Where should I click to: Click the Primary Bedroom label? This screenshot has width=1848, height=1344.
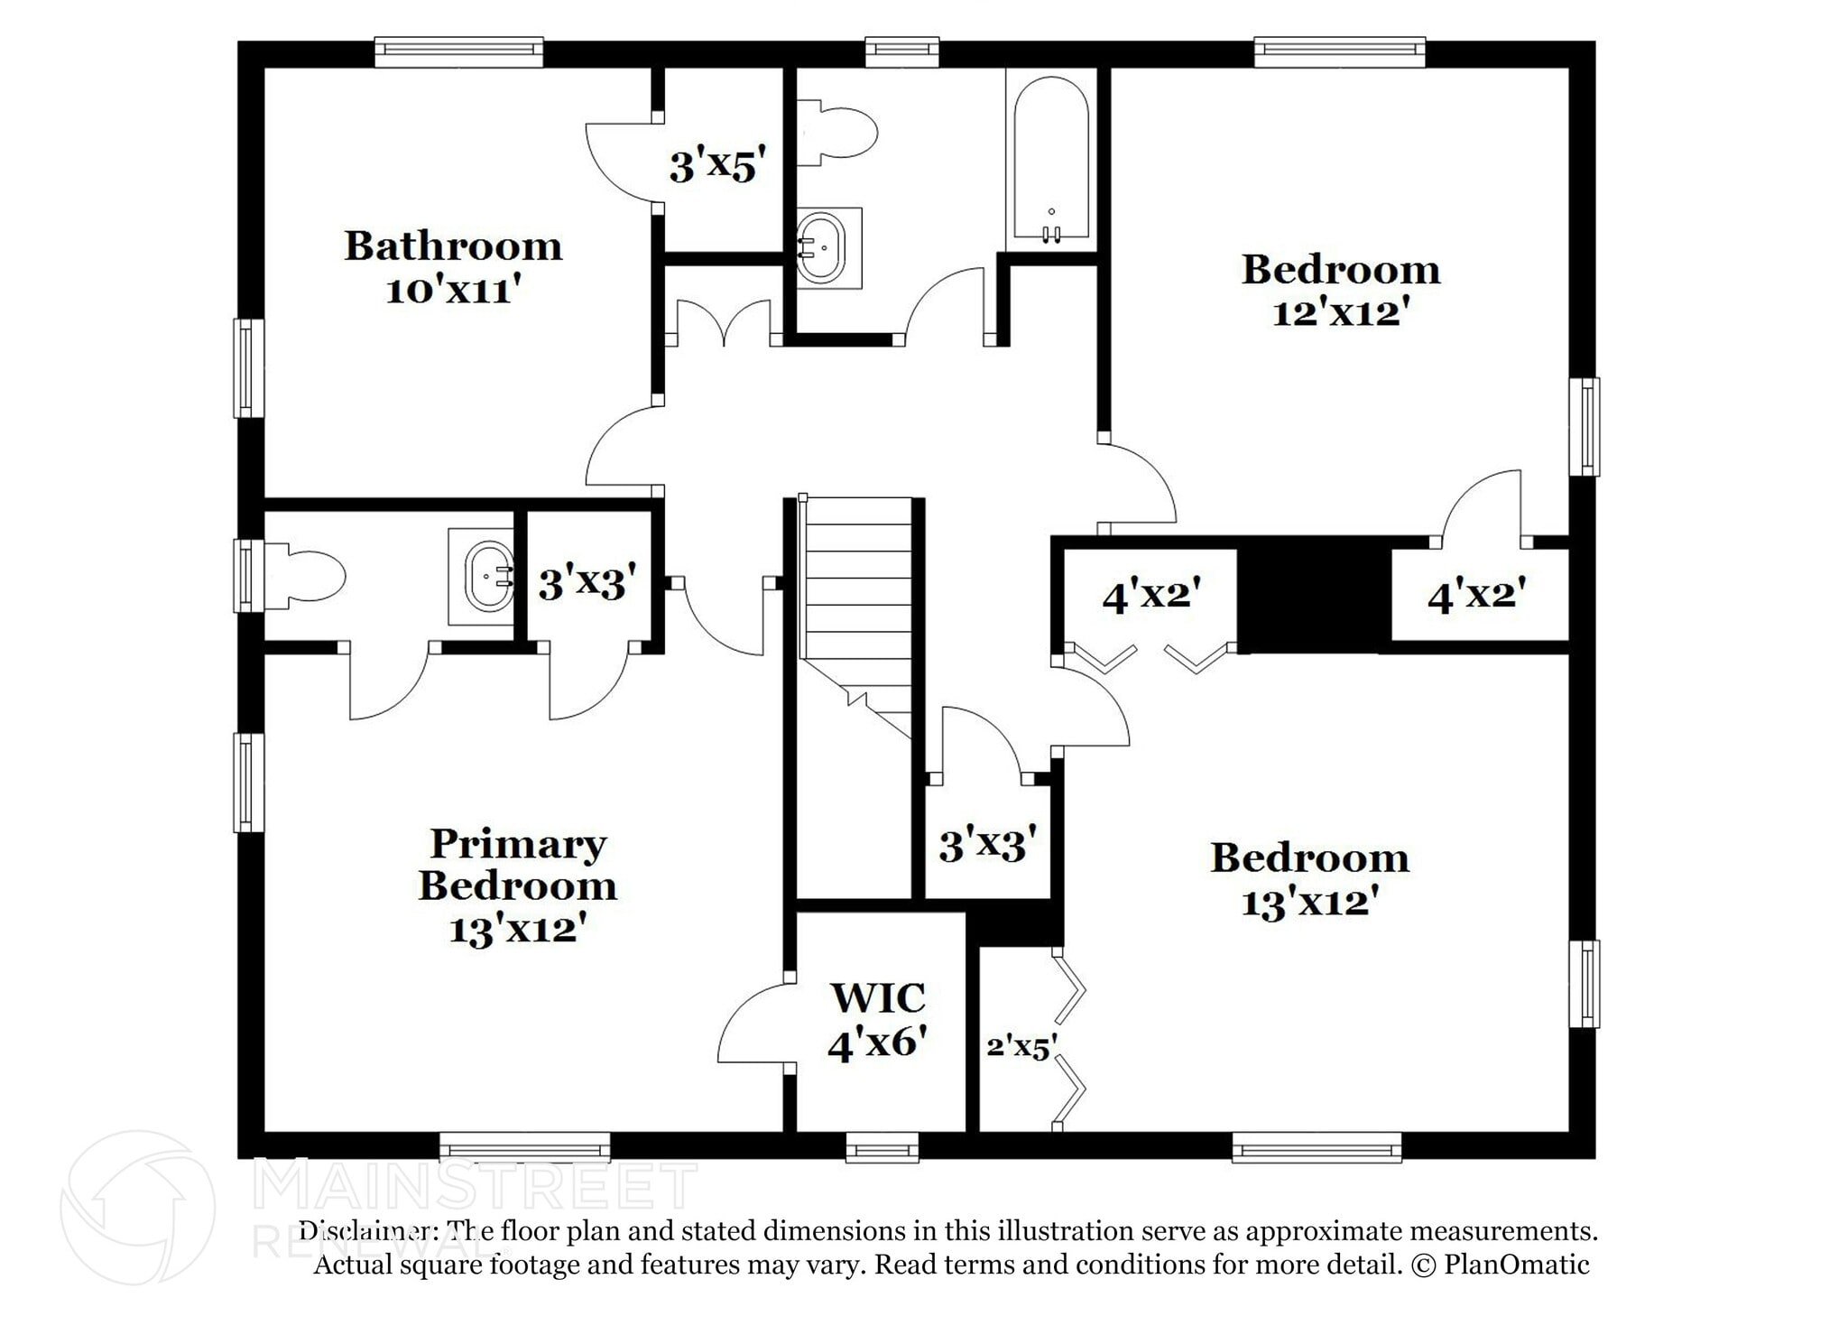coord(518,864)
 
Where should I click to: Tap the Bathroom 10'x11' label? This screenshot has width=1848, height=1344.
coord(453,267)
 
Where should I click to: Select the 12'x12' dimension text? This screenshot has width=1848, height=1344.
coord(1341,313)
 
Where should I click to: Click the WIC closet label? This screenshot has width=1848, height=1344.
coord(878,998)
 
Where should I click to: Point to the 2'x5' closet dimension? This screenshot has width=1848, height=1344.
coord(1021,1046)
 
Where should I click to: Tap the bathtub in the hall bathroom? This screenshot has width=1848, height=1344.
coord(1051,161)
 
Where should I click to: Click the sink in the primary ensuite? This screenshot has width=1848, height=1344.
coord(483,576)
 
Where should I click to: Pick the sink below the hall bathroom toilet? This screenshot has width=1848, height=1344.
coord(828,247)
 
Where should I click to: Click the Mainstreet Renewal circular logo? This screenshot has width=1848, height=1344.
coord(137,1208)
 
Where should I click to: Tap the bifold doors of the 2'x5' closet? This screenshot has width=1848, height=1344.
coord(1070,1038)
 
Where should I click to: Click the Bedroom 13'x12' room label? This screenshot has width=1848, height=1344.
coord(1309,879)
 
